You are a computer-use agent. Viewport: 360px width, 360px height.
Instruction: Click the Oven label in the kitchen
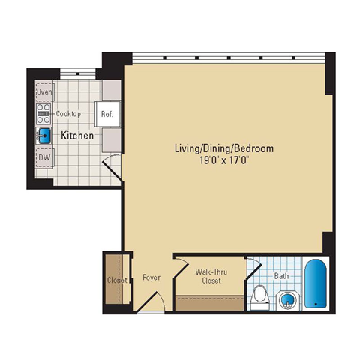click(x=45, y=91)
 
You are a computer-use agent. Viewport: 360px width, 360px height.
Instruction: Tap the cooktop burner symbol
click(x=43, y=114)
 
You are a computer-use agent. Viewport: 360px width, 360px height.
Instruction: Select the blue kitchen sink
click(x=44, y=136)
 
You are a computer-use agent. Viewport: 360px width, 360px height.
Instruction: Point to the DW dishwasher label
click(x=44, y=157)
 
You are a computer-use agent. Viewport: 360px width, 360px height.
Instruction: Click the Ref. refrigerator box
click(x=108, y=114)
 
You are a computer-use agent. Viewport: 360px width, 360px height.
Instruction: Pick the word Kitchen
click(x=77, y=136)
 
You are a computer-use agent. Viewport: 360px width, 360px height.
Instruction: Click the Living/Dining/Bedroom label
click(x=224, y=148)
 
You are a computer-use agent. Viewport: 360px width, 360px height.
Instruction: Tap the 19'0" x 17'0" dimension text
click(x=224, y=160)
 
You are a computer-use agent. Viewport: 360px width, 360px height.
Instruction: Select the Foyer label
click(x=151, y=277)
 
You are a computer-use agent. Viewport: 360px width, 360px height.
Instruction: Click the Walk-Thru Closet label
click(x=211, y=276)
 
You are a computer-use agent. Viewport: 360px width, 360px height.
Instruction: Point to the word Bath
click(x=281, y=276)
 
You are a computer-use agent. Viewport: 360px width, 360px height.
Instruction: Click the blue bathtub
click(x=316, y=283)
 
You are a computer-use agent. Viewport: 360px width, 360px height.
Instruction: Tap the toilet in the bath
click(x=259, y=298)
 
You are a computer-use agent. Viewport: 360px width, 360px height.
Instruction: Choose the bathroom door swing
click(x=253, y=267)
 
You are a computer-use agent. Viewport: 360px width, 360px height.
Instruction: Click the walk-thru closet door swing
click(x=181, y=266)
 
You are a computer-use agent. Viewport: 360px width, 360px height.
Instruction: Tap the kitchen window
click(x=78, y=73)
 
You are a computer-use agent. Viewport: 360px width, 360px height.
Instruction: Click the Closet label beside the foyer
click(x=117, y=280)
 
